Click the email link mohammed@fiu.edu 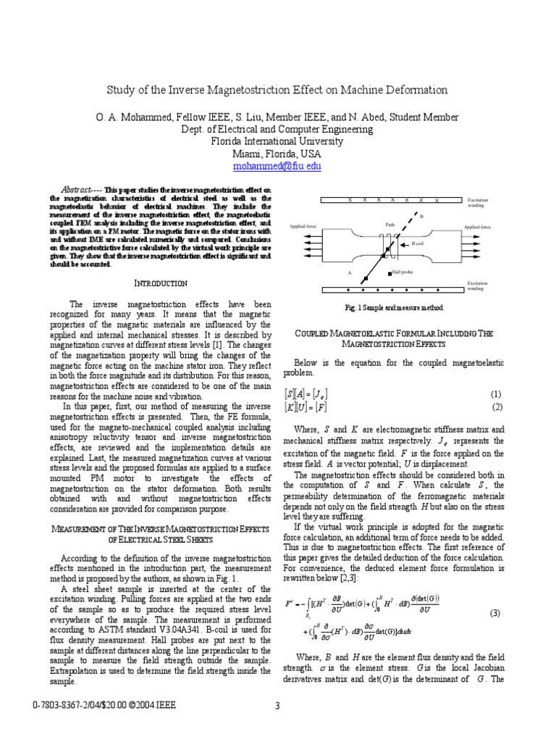point(277,166)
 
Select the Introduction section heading point(161,283)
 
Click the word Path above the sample point(389,225)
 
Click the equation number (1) point(496,394)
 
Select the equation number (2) point(496,407)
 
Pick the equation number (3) point(496,612)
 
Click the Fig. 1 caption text point(394,307)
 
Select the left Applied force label point(303,227)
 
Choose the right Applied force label point(477,227)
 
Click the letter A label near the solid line point(349,273)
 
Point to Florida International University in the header point(277,141)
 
